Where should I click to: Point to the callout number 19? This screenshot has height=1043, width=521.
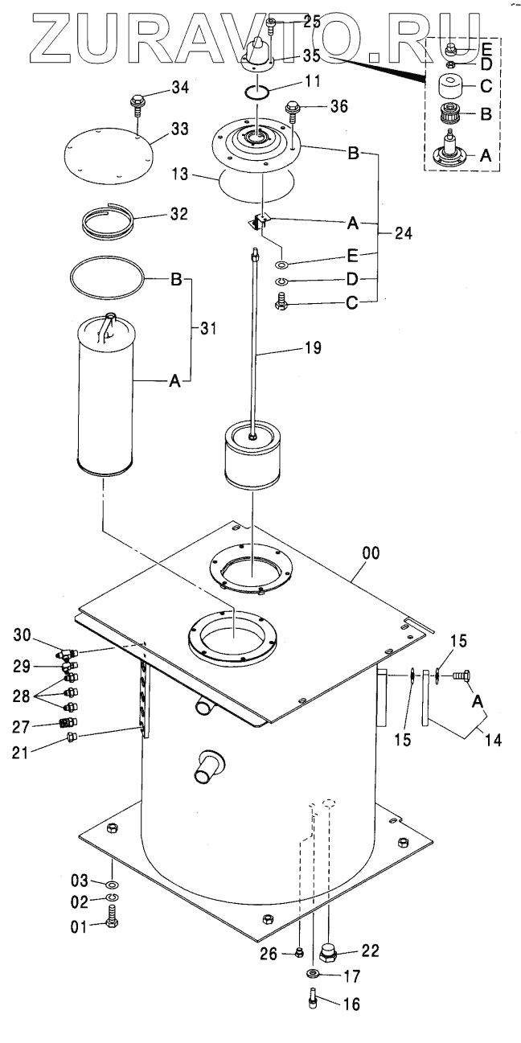(312, 348)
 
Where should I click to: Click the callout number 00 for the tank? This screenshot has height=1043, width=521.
(371, 553)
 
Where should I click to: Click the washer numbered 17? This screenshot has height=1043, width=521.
(311, 975)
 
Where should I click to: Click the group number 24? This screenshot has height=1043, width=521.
(404, 233)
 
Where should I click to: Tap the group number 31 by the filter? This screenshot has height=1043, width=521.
(209, 328)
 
